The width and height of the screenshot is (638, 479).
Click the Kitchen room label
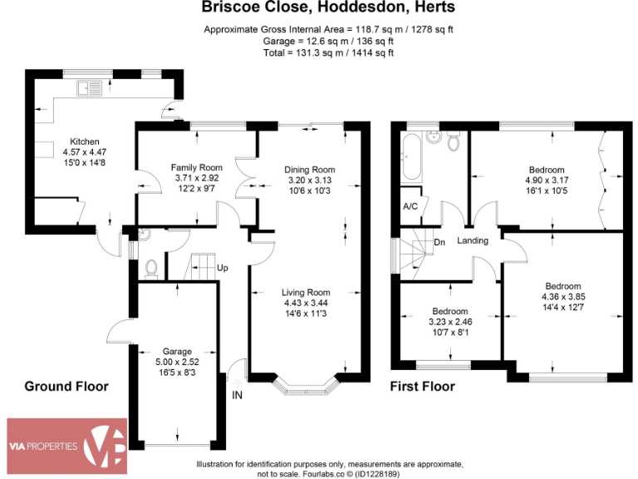click(x=85, y=141)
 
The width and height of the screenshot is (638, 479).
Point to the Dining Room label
click(x=309, y=170)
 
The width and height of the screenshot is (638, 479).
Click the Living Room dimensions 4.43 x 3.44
click(x=306, y=304)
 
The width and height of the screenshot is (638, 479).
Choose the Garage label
click(x=177, y=351)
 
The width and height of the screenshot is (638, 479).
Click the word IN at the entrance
click(x=238, y=394)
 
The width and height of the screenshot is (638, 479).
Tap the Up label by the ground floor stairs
click(x=223, y=268)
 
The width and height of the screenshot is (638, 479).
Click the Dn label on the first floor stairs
click(x=439, y=243)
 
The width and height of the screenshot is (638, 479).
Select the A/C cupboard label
click(x=410, y=206)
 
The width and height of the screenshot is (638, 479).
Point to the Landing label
click(x=473, y=241)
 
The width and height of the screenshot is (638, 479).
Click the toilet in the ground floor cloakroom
click(x=150, y=268)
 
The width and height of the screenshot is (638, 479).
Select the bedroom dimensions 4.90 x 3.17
click(x=544, y=181)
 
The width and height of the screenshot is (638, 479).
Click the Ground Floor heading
click(x=66, y=387)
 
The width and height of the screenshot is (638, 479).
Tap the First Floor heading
click(x=423, y=387)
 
